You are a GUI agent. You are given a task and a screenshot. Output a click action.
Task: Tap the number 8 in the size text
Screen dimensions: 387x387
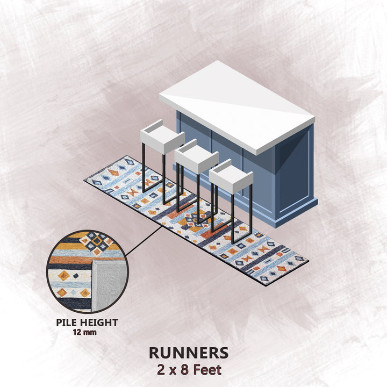pos(184,370)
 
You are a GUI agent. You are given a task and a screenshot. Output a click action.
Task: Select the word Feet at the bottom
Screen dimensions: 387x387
pos(207,370)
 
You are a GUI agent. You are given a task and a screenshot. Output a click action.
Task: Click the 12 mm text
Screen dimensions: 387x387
pos(85,332)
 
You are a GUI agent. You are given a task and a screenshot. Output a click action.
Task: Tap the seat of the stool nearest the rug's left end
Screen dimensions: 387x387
pos(162,138)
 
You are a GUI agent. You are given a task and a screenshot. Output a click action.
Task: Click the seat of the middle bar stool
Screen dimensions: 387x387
pos(197,157)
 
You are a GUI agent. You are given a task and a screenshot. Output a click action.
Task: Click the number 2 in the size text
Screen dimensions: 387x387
pos(161,370)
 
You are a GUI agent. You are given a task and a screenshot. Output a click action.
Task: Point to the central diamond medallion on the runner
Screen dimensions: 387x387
pos(196,220)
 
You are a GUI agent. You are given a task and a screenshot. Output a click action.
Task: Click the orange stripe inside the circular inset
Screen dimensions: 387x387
pos(70,260)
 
